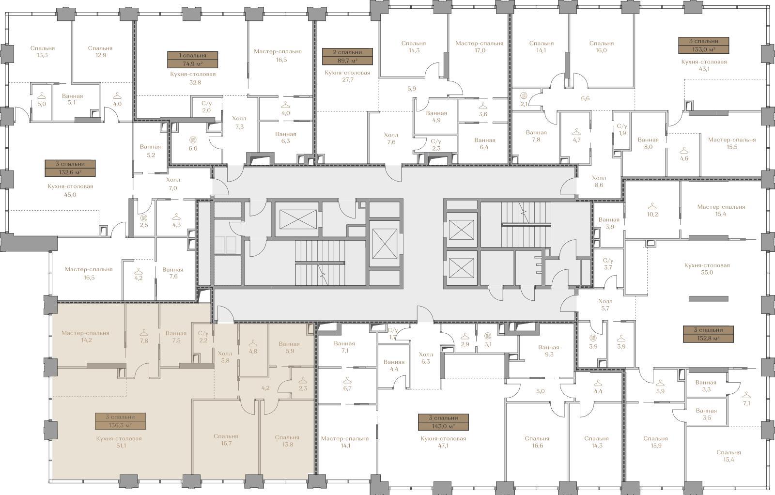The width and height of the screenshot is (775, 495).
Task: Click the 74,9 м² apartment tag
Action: point(193,60)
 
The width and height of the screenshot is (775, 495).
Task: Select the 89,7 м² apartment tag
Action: point(347,56)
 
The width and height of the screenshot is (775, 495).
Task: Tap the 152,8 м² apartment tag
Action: point(708,334)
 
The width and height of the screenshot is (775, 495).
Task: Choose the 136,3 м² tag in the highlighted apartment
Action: point(120,421)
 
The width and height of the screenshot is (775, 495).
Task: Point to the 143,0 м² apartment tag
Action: point(443,422)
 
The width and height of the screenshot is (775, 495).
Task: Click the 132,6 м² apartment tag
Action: point(70,168)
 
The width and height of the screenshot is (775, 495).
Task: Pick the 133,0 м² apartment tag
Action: point(704,46)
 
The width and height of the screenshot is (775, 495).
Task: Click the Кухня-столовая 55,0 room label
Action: point(707,269)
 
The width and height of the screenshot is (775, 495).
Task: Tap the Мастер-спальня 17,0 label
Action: point(479,46)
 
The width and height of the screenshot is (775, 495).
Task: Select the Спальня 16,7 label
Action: point(226,440)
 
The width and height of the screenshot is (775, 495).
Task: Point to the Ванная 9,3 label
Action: point(549,351)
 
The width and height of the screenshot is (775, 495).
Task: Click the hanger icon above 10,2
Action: point(652,206)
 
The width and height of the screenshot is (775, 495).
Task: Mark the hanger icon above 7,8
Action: point(144,333)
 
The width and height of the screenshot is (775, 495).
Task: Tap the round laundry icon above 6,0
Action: point(193,140)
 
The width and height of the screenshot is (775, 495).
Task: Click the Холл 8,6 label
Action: point(599,182)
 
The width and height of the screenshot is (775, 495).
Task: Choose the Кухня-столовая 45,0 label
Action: point(70,190)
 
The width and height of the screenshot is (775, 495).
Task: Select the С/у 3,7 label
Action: point(608,264)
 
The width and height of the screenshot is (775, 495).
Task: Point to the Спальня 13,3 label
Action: point(42,51)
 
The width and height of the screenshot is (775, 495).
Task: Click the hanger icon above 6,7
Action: point(347,381)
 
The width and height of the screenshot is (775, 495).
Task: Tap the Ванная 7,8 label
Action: point(536,136)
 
